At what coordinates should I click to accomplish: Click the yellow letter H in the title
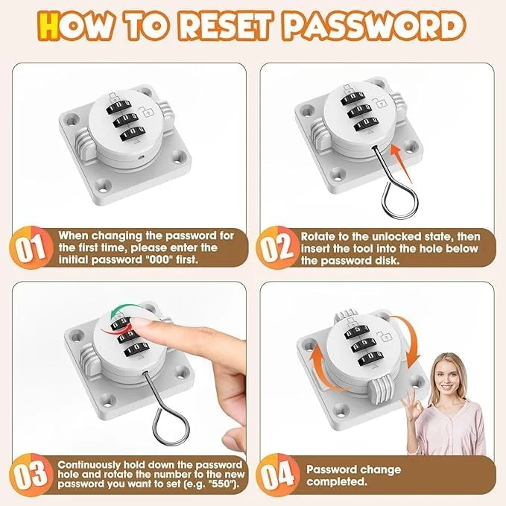pos(48,26)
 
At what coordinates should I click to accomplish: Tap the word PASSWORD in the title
pos(376,26)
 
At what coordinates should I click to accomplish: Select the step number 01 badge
pos(31,247)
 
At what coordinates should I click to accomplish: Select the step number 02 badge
pos(277,247)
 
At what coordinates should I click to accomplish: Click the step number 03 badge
pos(31,475)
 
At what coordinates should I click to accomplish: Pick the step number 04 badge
pos(277,475)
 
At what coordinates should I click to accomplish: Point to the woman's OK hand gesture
pos(412,407)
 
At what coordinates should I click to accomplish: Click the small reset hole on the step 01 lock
pos(140,157)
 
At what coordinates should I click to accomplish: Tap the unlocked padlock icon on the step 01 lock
pos(146,112)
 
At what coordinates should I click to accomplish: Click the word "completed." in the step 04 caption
pos(338,481)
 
